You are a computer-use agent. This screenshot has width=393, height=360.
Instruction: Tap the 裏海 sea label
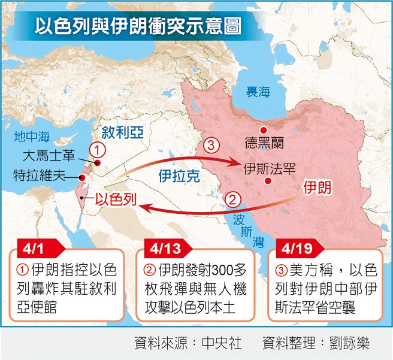tap(258, 92)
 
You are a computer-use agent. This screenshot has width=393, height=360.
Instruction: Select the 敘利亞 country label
tap(123, 132)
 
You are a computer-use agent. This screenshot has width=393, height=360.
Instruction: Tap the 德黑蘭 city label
tap(264, 143)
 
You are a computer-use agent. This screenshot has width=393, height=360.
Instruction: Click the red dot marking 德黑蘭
tap(262, 131)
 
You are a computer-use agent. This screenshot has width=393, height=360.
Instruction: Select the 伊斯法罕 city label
tap(270, 168)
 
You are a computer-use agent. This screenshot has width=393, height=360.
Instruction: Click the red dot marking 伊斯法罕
tap(268, 180)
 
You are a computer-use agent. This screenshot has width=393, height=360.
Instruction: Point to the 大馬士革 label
tap(48, 157)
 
